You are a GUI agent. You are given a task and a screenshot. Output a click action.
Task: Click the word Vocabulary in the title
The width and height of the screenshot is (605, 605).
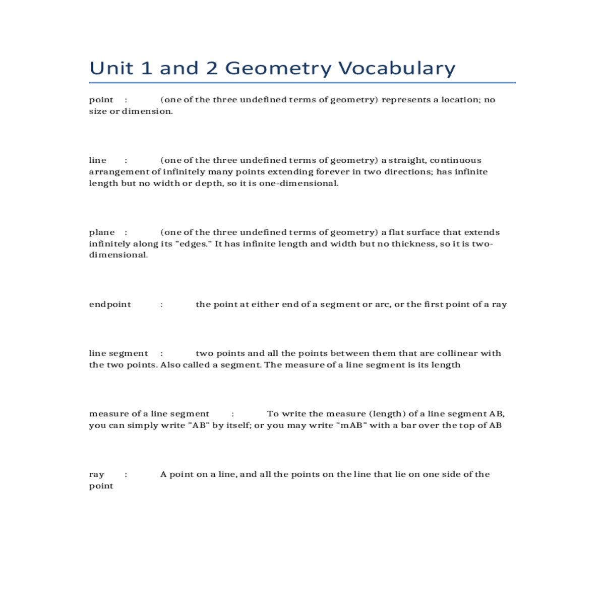click(x=396, y=69)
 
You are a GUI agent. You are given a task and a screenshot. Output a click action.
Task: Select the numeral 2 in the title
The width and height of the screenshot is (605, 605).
click(x=212, y=68)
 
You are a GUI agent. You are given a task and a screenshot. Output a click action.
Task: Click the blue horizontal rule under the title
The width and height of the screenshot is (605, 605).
click(x=302, y=83)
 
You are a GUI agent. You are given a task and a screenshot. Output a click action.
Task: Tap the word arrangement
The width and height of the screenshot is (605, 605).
click(x=119, y=172)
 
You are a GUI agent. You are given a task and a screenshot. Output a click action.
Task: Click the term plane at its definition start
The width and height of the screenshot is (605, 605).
click(x=102, y=232)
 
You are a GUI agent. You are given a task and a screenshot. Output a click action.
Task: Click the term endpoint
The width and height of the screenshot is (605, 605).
click(x=110, y=305)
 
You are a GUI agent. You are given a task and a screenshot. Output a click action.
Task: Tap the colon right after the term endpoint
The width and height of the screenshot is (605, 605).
click(x=161, y=305)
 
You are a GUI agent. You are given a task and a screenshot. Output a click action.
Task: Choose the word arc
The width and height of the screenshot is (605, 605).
click(x=382, y=305)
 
